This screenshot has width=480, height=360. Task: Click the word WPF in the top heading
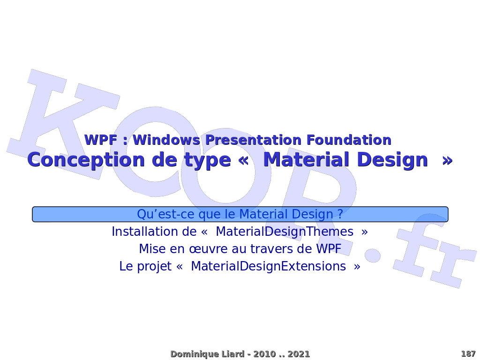tap(101, 140)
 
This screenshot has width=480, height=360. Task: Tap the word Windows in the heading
tap(166, 140)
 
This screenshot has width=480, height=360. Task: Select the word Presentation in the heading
tap(253, 140)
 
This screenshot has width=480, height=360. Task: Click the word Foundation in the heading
tap(349, 140)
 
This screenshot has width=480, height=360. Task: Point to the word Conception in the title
tap(86, 160)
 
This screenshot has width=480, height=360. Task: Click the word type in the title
tap(207, 160)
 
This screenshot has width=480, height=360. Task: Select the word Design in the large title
tap(392, 160)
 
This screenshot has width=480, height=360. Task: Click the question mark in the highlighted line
tap(340, 214)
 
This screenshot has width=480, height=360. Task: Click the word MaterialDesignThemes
tap(285, 232)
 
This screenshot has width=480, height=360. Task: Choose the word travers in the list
tap(273, 249)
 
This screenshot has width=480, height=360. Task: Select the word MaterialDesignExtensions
tap(269, 267)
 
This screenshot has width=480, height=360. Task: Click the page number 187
tap(468, 354)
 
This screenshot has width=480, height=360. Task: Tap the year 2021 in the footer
tap(299, 354)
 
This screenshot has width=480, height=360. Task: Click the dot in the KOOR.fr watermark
tap(373, 255)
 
